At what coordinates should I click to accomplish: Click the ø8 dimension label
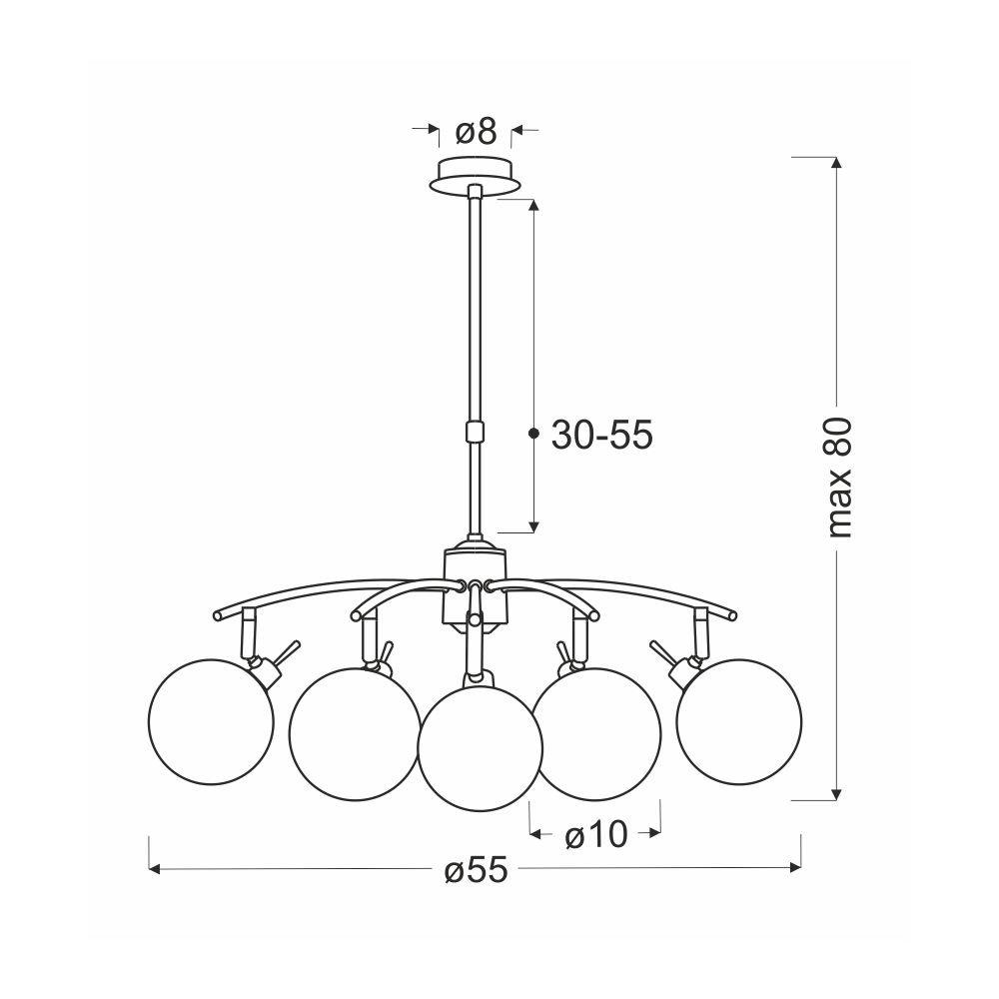coord(476,132)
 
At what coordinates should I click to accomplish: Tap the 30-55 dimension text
coord(602,436)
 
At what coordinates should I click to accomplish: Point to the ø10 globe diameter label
coord(596,834)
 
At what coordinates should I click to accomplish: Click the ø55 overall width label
coord(477,869)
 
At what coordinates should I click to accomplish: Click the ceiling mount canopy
coord(476,175)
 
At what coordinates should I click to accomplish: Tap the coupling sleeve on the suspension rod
coord(475,432)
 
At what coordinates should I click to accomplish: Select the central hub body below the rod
coord(476,586)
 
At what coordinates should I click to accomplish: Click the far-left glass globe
coord(211,720)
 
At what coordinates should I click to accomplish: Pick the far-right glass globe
coord(739,720)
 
